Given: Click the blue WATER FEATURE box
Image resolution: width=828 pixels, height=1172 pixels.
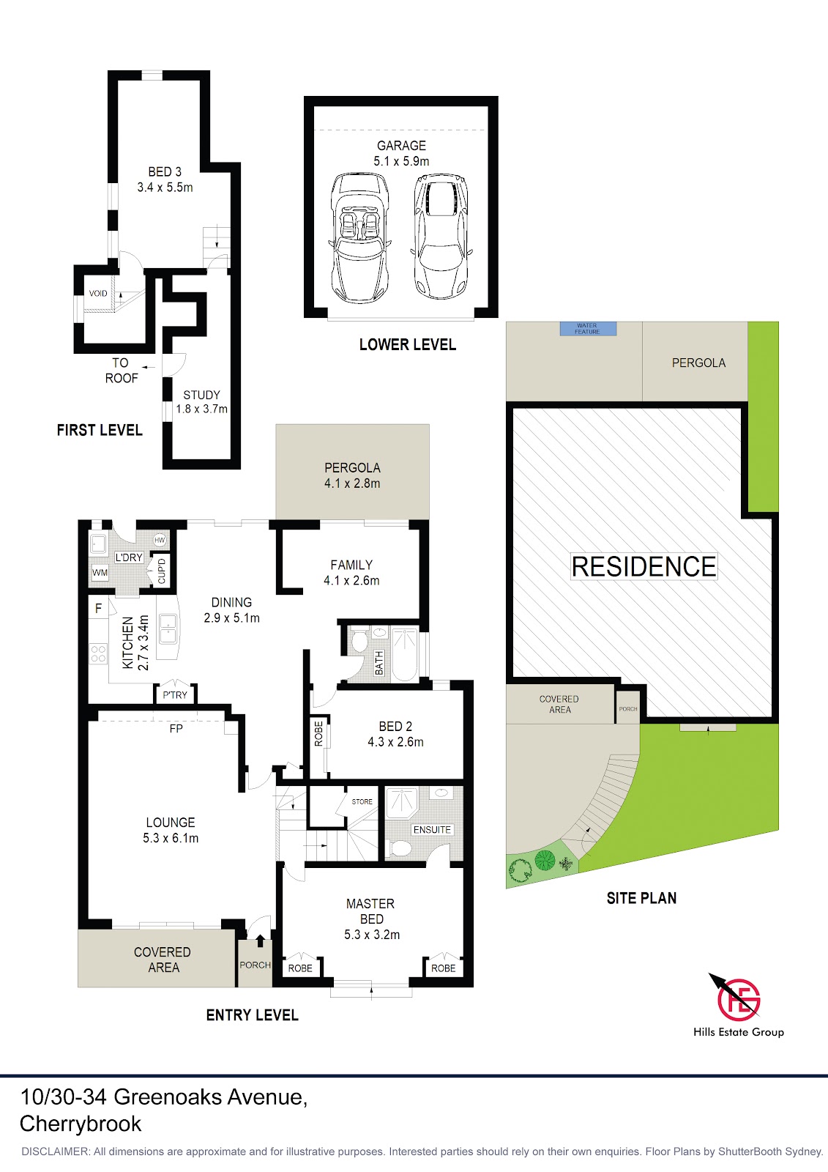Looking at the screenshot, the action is pyautogui.click(x=588, y=329).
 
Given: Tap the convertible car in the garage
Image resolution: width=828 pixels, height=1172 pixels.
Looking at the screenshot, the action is pyautogui.click(x=360, y=238).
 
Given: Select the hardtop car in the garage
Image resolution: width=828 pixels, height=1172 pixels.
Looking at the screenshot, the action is pyautogui.click(x=441, y=237).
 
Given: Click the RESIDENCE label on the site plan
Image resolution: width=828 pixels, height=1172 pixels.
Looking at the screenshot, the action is pyautogui.click(x=644, y=566).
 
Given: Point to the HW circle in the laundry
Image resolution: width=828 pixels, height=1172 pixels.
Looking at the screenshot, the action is pyautogui.click(x=160, y=540).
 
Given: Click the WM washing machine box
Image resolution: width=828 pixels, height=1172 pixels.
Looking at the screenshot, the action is pyautogui.click(x=100, y=572).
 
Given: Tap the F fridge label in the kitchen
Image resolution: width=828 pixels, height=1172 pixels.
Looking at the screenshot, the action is pyautogui.click(x=98, y=608).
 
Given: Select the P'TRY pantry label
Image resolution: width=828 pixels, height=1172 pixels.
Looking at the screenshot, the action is pyautogui.click(x=175, y=695).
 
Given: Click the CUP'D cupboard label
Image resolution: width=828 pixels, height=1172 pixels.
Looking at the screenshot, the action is pyautogui.click(x=161, y=571).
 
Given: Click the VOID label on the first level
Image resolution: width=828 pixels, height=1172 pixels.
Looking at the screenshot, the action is pyautogui.click(x=98, y=293).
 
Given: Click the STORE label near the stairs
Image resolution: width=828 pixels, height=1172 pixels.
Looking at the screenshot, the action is pyautogui.click(x=362, y=801).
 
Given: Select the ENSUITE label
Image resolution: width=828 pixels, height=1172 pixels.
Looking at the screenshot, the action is pyautogui.click(x=432, y=829).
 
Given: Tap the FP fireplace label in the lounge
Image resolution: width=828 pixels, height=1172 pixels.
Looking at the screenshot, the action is pyautogui.click(x=176, y=728).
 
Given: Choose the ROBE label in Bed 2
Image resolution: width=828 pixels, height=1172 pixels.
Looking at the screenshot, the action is pyautogui.click(x=318, y=732).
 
